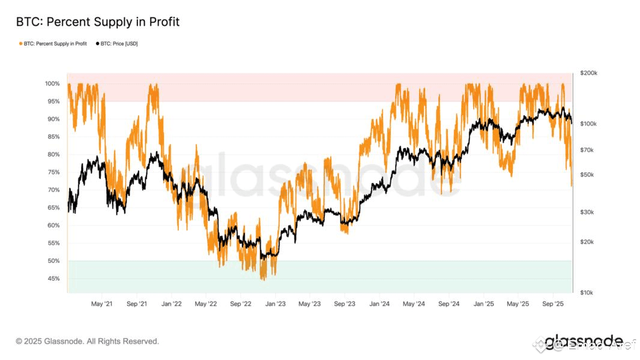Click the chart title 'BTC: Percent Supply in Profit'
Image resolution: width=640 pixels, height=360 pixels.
click(98, 22)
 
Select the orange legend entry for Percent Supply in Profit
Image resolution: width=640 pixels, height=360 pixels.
click(53, 44)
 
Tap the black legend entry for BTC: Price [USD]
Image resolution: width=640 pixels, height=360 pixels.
click(118, 44)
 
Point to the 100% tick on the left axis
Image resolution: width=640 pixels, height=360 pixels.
click(52, 83)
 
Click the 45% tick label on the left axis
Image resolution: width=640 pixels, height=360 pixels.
click(53, 278)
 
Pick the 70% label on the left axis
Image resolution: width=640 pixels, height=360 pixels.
click(53, 190)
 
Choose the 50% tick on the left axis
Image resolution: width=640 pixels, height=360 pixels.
click(53, 261)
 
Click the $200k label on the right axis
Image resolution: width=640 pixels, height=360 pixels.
click(588, 73)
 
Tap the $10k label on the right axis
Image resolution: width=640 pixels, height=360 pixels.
click(587, 293)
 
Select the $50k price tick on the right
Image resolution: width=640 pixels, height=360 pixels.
click(587, 175)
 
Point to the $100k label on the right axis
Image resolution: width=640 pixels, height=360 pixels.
click(588, 124)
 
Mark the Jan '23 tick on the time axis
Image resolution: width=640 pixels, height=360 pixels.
click(276, 304)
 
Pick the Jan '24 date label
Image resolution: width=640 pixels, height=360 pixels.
click(379, 304)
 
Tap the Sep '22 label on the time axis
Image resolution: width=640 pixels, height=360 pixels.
click(241, 304)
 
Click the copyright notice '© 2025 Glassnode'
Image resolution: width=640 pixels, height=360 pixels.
click(88, 341)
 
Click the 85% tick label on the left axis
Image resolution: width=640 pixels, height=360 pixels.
click(53, 137)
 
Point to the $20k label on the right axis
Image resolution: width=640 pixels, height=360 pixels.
click(587, 242)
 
